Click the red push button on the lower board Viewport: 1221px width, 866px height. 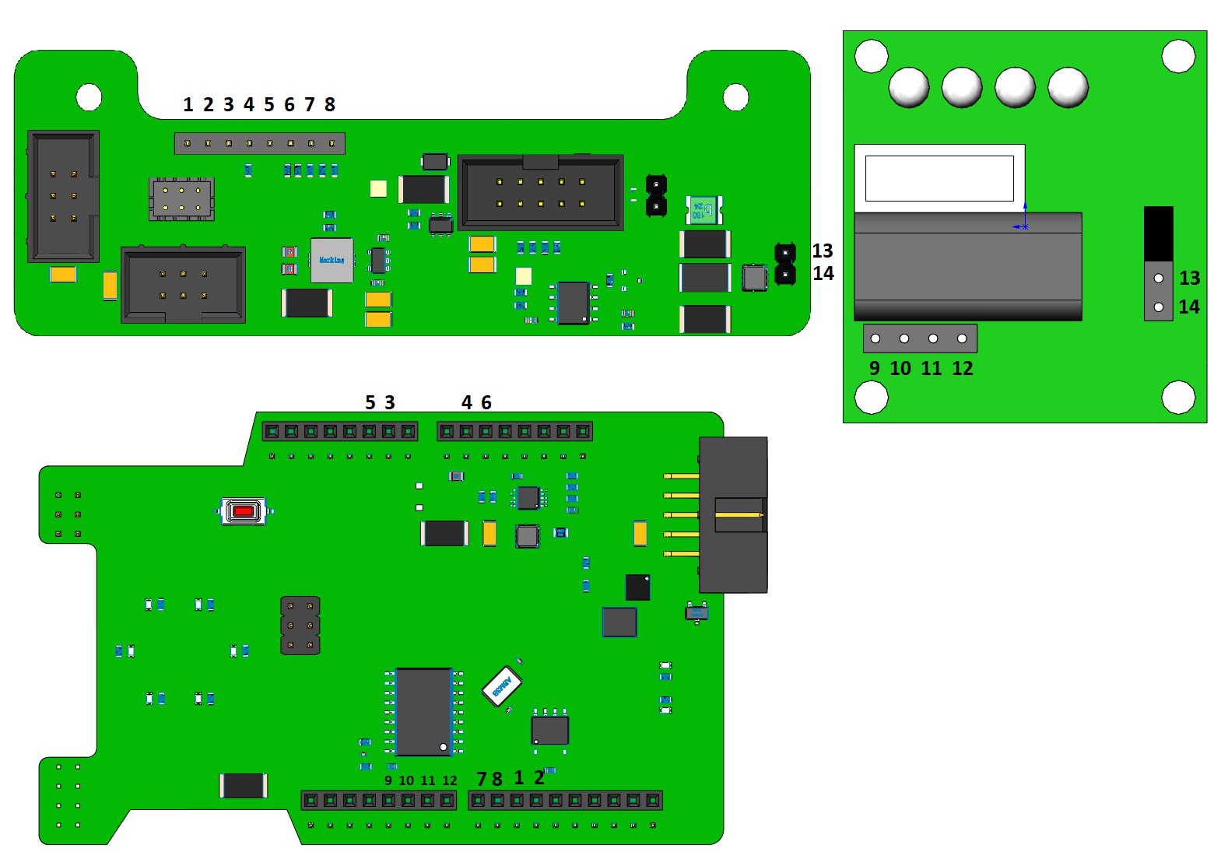[x=244, y=511]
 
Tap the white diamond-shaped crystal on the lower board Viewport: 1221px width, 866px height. [x=501, y=685]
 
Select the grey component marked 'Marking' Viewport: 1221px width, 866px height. [x=332, y=260]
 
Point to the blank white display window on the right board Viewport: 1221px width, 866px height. [x=939, y=178]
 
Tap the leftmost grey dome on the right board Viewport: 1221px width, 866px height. [x=908, y=86]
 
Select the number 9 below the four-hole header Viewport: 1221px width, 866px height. [x=874, y=368]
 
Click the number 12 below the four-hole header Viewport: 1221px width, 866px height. [x=962, y=368]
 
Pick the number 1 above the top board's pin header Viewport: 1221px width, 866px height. [x=188, y=105]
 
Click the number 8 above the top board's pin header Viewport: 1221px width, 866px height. [x=330, y=105]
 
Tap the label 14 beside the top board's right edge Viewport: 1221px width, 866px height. [x=823, y=273]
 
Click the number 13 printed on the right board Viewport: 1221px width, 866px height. [x=1189, y=279]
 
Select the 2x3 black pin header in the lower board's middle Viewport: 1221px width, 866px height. [x=300, y=626]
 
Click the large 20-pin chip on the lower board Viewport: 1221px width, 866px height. [x=423, y=711]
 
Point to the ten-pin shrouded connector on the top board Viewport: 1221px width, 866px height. [x=541, y=193]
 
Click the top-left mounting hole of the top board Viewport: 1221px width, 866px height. [x=89, y=97]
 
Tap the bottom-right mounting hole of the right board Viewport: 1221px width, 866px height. [x=1177, y=397]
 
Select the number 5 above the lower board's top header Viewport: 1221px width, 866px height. [x=370, y=402]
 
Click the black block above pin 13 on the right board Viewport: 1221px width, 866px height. [x=1158, y=233]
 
